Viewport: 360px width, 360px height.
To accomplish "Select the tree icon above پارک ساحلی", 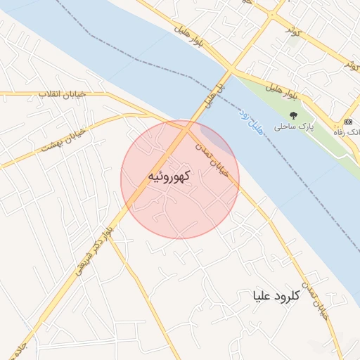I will (x=293, y=115).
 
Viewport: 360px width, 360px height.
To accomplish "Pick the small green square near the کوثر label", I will (x=294, y=41).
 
